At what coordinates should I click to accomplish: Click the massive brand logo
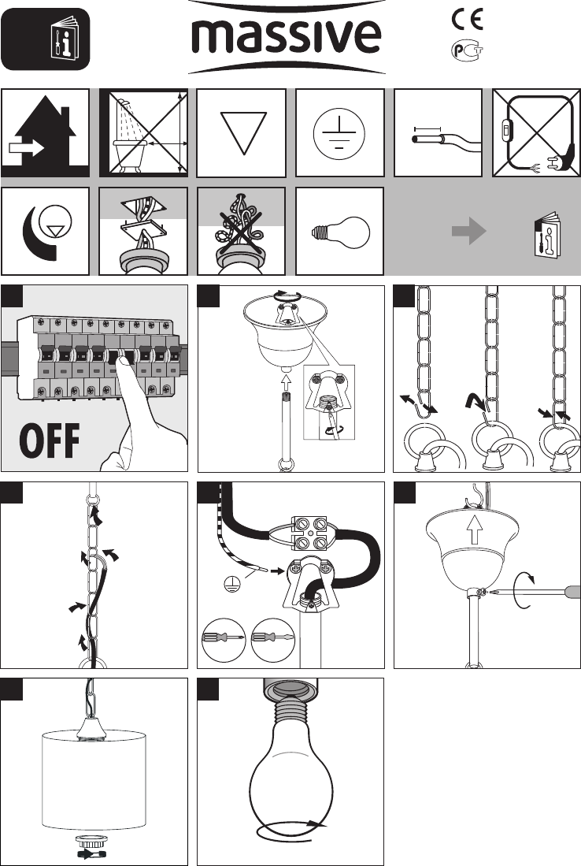pos(287,37)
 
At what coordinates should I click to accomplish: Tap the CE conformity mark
pos(468,20)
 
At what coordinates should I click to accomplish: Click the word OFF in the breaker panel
pos(49,440)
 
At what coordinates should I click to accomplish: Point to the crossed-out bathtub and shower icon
pos(143,132)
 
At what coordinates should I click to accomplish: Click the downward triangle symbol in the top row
pos(242,133)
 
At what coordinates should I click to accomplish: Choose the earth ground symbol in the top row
pos(339,134)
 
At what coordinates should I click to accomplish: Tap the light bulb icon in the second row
pos(340,232)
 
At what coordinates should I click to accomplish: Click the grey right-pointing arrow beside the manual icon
pos(468,230)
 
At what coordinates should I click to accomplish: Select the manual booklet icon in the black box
pos(65,39)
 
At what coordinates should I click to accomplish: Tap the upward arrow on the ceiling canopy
pos(474,530)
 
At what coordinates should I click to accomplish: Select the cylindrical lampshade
pos(94,780)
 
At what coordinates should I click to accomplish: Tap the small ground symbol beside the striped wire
pos(232,584)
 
